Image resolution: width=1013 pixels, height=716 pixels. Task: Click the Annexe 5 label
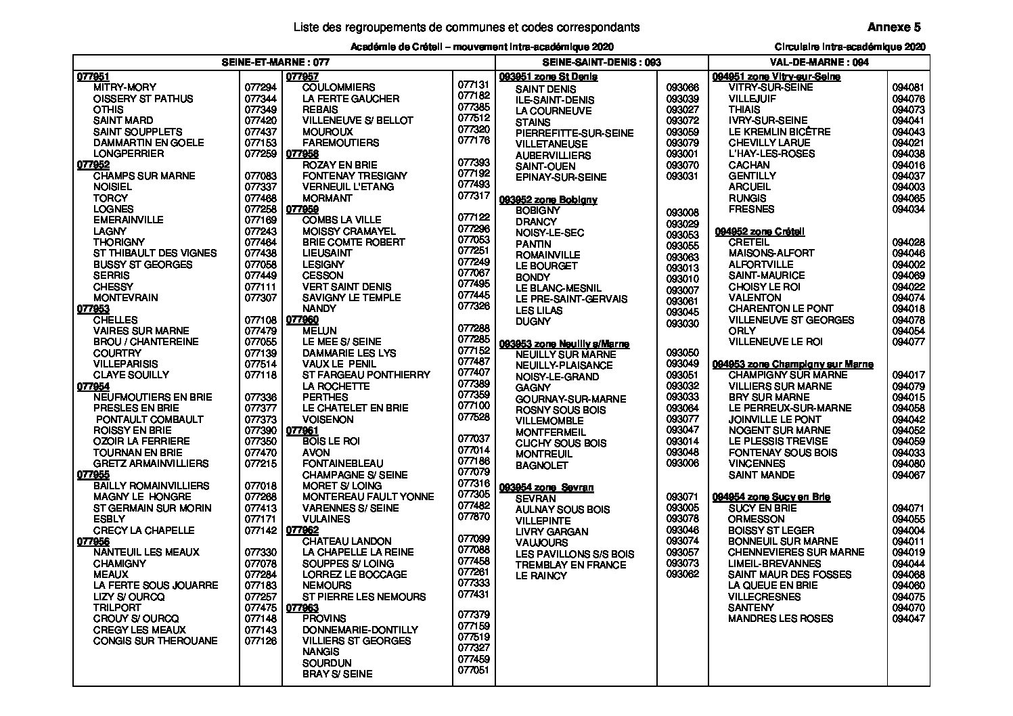click(x=894, y=28)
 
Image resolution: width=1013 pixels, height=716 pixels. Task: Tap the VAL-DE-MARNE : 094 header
click(x=819, y=62)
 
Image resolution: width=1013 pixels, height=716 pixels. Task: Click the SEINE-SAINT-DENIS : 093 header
click(x=602, y=62)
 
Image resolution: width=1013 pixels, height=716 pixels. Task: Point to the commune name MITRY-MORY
click(x=125, y=87)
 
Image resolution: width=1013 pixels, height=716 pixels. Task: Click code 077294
click(x=261, y=87)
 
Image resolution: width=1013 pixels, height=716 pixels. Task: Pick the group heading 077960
click(x=302, y=319)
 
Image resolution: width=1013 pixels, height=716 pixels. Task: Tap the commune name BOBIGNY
click(x=538, y=210)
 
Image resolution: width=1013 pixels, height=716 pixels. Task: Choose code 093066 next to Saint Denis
click(x=682, y=88)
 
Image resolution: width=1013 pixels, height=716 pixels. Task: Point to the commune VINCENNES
click(x=757, y=464)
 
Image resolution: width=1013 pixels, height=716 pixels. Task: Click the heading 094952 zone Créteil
click(x=759, y=231)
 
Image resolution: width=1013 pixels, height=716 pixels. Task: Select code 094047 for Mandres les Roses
click(x=908, y=619)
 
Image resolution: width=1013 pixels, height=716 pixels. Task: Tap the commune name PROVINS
click(x=324, y=619)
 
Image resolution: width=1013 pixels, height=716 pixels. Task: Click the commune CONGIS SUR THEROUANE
click(x=156, y=641)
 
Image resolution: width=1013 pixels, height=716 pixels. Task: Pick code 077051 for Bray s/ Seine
click(x=473, y=670)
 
